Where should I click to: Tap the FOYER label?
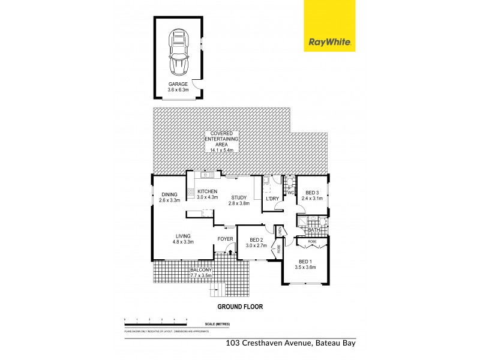pyautogui.click(x=225, y=239)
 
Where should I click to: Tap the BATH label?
pyautogui.click(x=314, y=230)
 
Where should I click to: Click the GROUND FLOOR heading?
pyautogui.click(x=240, y=306)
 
